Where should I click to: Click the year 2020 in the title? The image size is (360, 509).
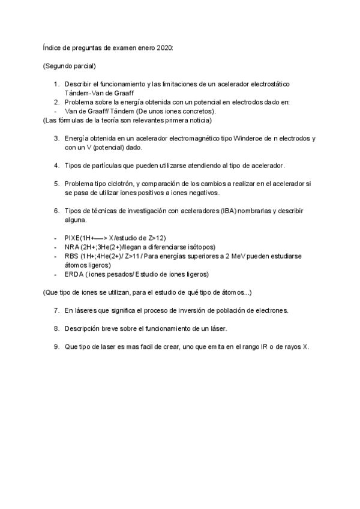[x=163, y=47]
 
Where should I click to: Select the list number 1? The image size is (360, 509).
[x=56, y=85]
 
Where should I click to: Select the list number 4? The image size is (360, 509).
[x=56, y=165]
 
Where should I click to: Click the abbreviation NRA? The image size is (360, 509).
[x=71, y=247]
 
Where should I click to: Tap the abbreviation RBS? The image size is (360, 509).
[x=71, y=256]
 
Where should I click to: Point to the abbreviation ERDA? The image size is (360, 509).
[x=74, y=274]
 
